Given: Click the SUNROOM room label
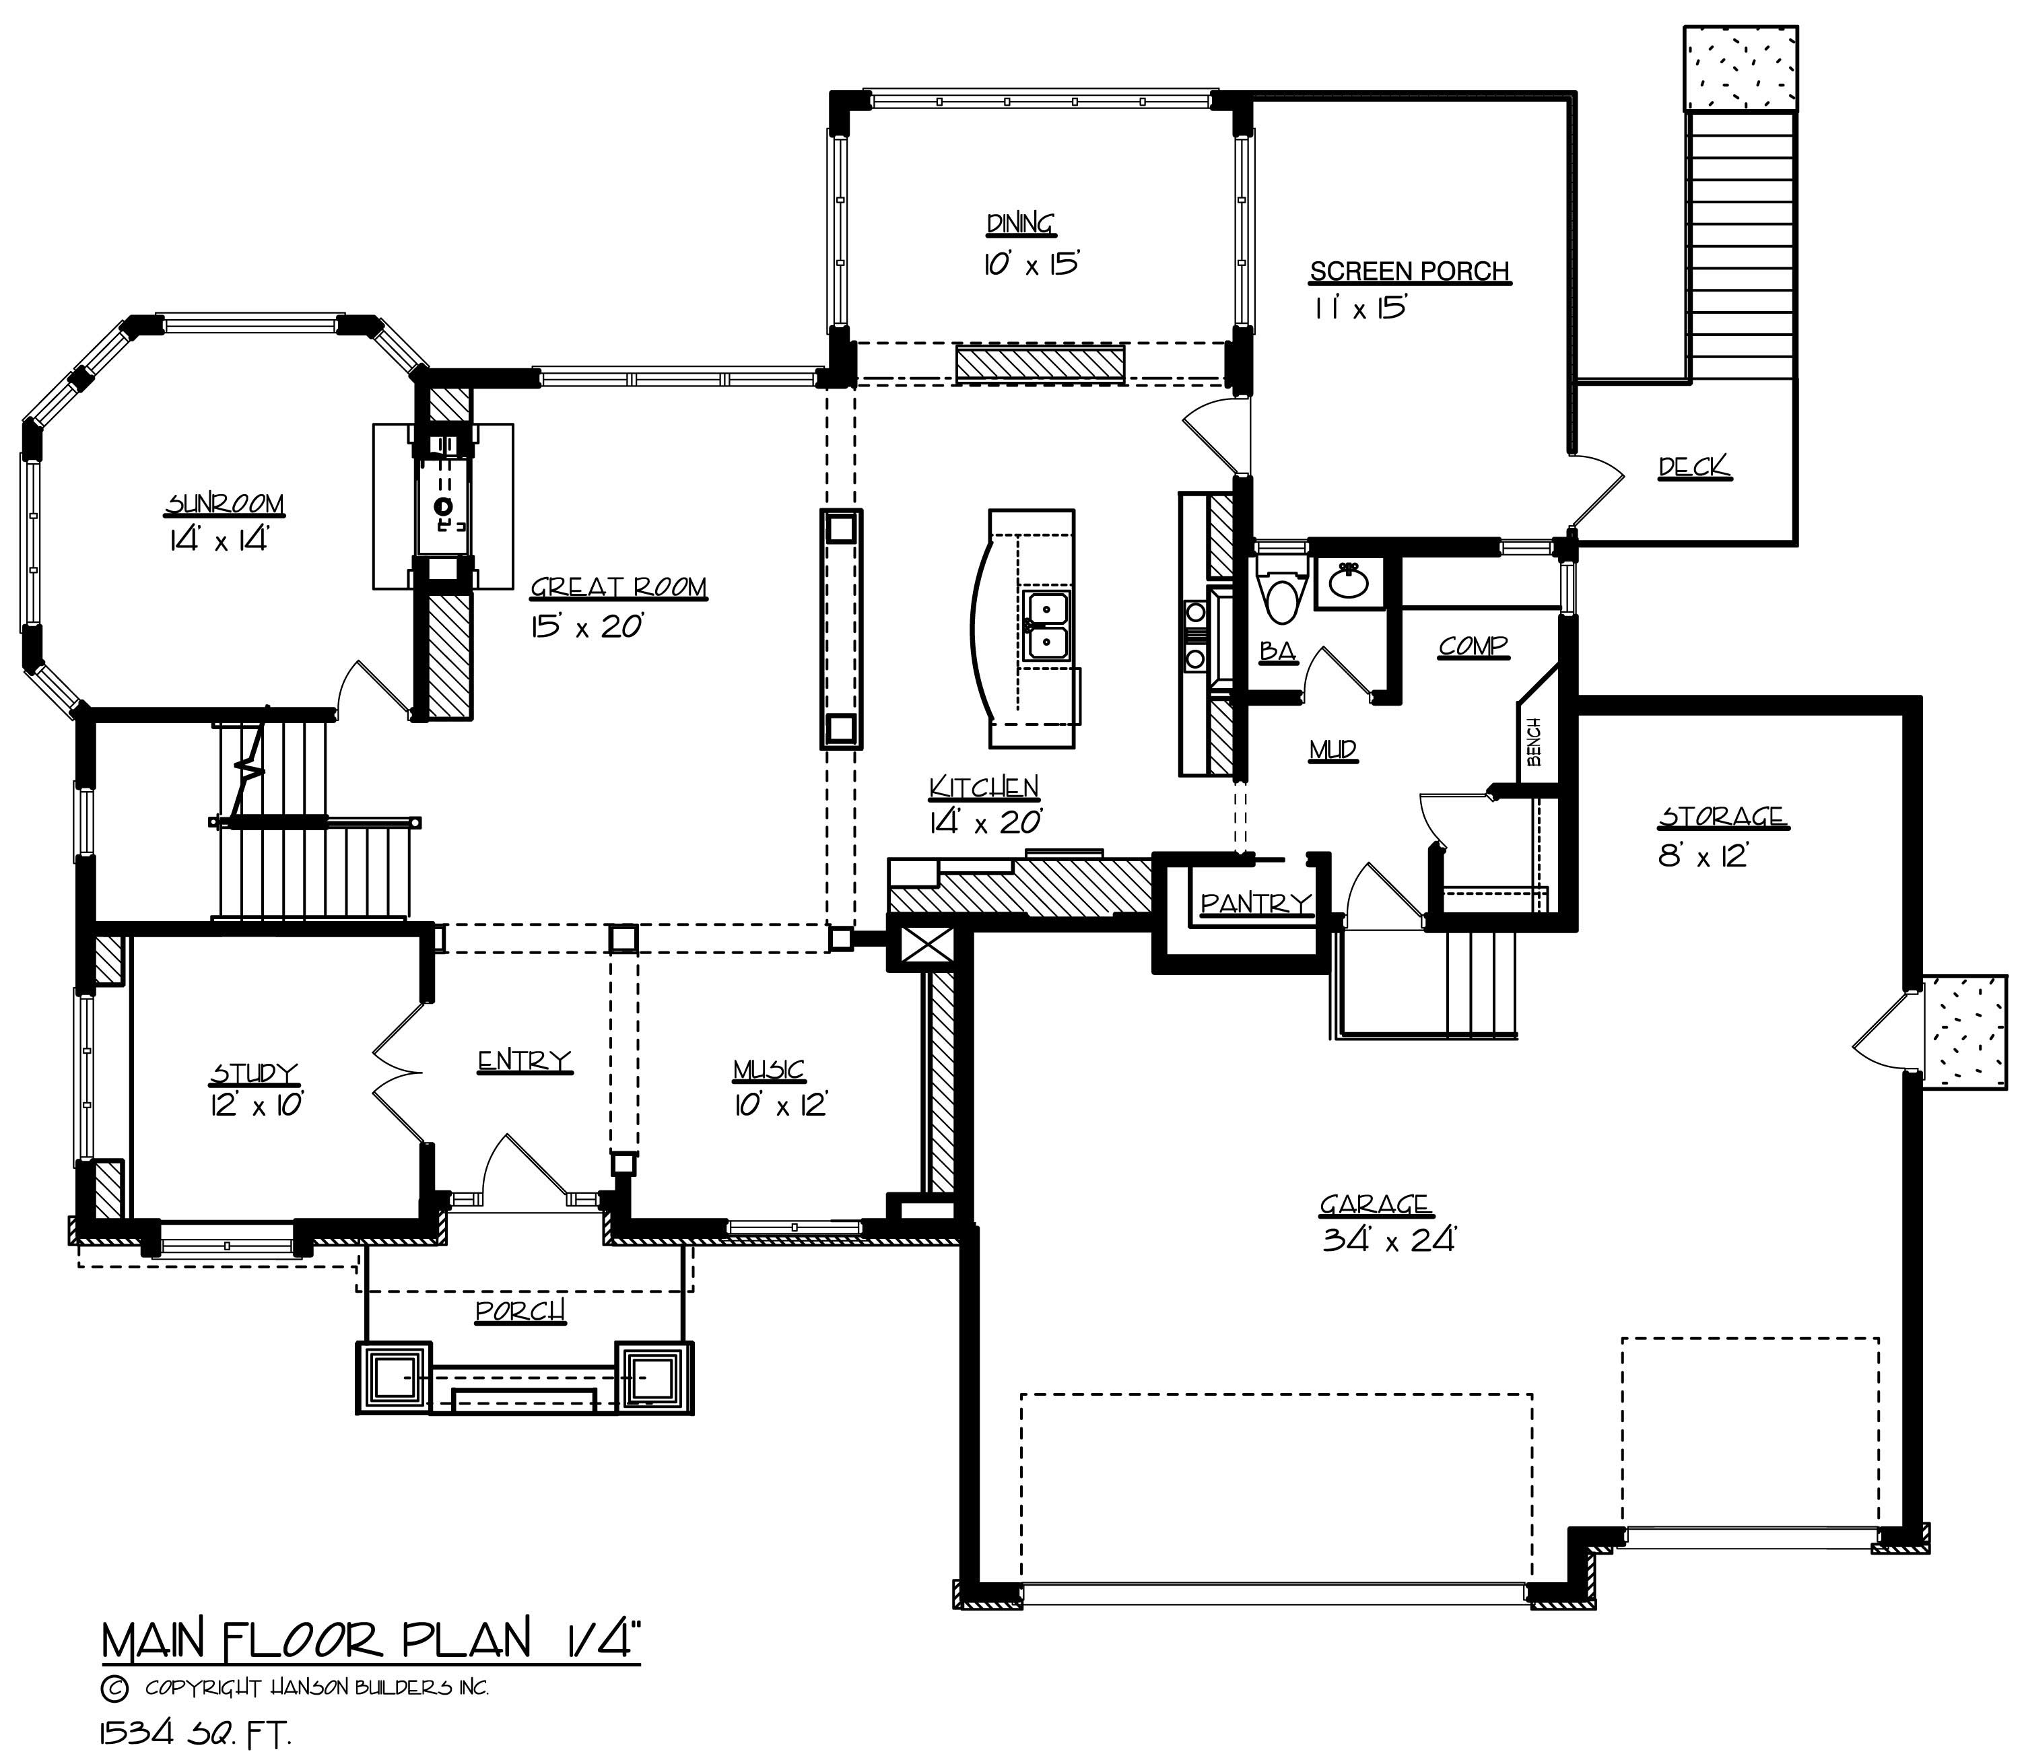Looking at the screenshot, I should click(225, 505).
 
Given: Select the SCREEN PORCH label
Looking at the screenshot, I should click(1409, 271).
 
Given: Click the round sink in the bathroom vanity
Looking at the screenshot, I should click(1349, 582).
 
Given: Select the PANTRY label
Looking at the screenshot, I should click(1256, 903).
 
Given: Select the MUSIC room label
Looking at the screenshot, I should click(769, 1070).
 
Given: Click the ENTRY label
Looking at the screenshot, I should click(525, 1060).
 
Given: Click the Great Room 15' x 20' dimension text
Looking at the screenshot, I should click(586, 625).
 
